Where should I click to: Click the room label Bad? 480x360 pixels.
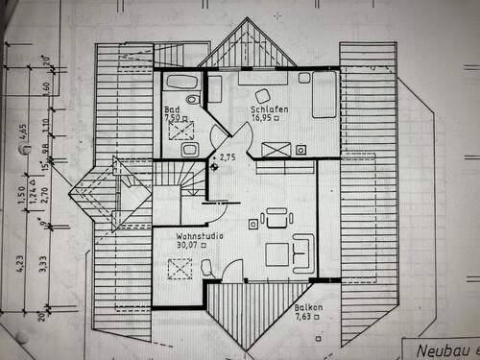[x=171, y=109]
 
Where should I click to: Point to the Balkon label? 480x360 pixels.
[x=307, y=307]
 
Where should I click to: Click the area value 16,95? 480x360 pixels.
[x=265, y=121]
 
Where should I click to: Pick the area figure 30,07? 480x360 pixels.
[x=188, y=245]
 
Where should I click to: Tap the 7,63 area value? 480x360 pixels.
[x=304, y=317]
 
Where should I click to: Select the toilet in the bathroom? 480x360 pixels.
[x=193, y=99]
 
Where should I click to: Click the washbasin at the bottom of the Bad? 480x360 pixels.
[x=188, y=150]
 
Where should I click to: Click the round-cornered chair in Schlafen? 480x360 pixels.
[x=262, y=94]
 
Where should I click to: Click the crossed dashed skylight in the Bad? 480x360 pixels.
[x=180, y=130]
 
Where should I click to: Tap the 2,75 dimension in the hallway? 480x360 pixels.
[x=227, y=156]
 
